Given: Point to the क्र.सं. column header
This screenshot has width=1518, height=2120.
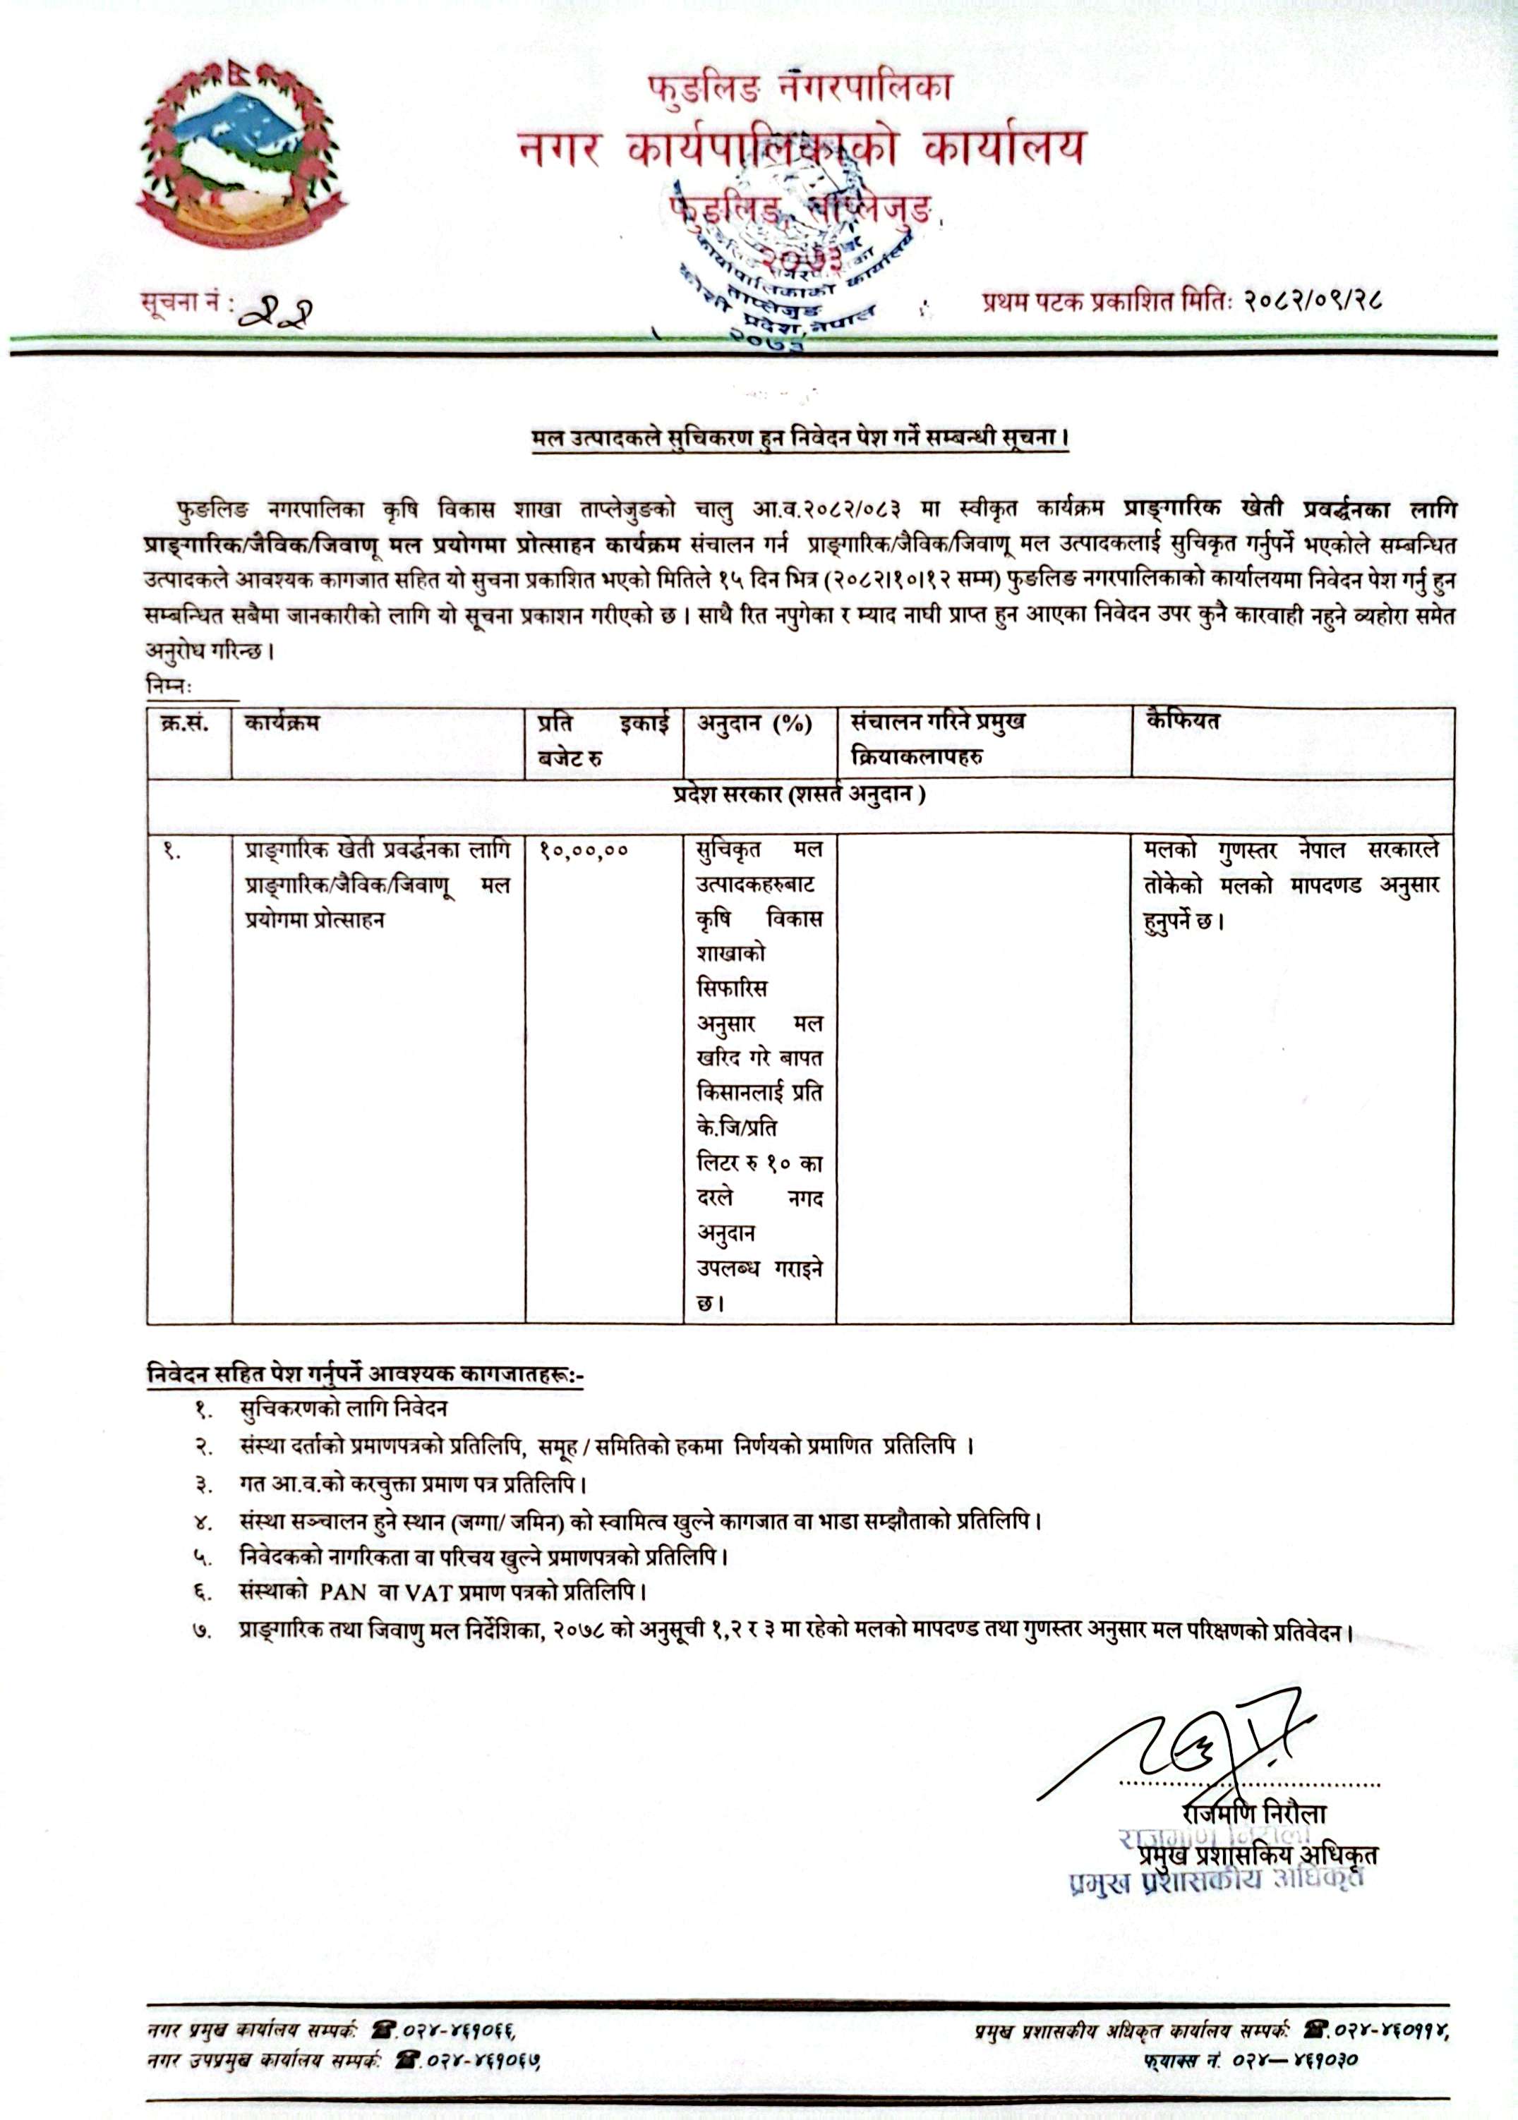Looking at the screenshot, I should [184, 723].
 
